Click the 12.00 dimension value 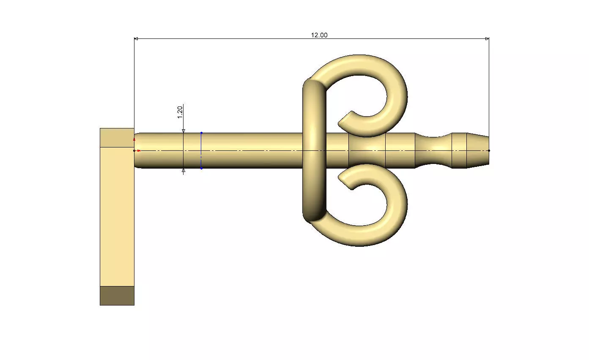319,35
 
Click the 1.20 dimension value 180,112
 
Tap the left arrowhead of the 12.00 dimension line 136,39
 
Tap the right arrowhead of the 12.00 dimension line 487,39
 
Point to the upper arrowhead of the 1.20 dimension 183,131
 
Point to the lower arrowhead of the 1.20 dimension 183,170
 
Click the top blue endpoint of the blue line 201,133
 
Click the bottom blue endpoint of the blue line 201,169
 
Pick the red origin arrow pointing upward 134,139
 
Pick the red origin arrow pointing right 139,150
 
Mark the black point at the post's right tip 489,150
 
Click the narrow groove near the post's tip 434,150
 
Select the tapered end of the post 478,150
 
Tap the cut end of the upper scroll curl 345,120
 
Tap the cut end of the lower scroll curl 345,182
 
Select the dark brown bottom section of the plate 117,295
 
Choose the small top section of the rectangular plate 117,137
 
